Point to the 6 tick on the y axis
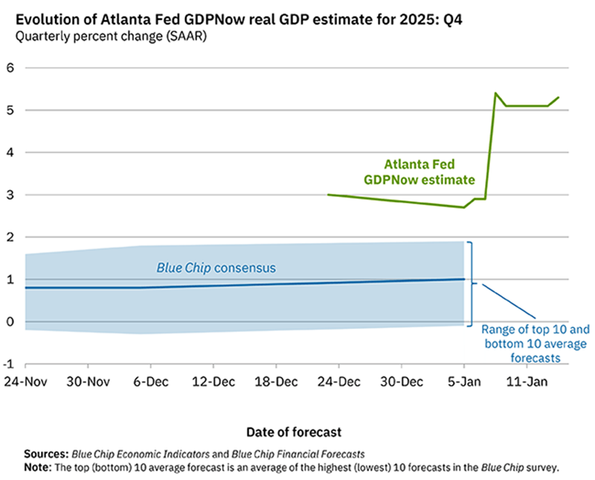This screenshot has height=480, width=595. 11,68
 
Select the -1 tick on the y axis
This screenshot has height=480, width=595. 9,364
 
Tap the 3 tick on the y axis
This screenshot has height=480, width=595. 11,195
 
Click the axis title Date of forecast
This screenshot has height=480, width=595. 295,431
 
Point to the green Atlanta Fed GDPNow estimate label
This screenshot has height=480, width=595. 419,172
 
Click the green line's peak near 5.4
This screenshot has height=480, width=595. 495,94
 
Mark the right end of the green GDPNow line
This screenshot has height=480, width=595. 559,97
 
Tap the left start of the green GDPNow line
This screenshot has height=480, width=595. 328,195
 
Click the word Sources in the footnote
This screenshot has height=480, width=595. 45,453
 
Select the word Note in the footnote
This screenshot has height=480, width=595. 38,467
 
